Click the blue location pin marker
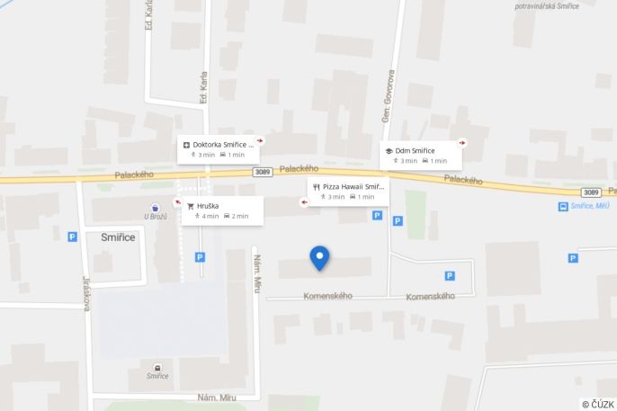319,257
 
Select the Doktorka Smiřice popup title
223,144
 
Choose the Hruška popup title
208,206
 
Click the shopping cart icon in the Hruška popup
191,206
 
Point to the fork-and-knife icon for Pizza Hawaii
317,186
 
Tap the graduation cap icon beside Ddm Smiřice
389,150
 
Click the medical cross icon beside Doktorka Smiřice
186,144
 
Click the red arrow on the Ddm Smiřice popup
462,142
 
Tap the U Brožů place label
156,217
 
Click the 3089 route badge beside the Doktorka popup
262,172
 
